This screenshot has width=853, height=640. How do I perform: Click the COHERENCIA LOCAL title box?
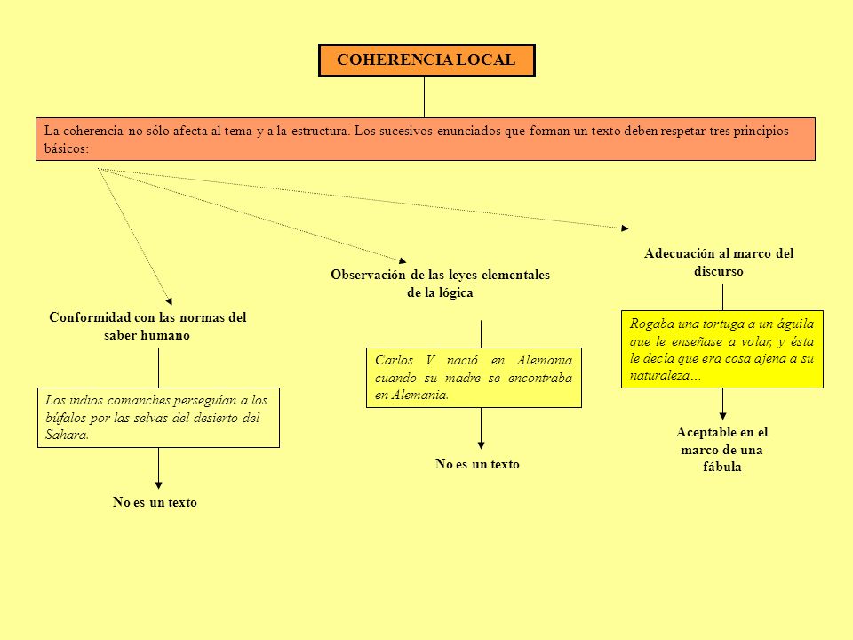426,60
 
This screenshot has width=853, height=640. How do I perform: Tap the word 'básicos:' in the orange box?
67,148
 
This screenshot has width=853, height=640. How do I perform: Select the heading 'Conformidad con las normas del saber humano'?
147,326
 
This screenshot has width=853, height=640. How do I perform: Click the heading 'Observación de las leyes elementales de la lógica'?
440,284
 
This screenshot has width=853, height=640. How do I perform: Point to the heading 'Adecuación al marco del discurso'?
719,262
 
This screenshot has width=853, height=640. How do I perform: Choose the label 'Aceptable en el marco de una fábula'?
721,450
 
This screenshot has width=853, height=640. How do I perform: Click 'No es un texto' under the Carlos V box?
477,464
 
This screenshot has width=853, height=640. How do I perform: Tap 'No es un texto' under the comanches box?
155,502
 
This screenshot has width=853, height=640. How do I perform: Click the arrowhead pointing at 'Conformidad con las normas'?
169,301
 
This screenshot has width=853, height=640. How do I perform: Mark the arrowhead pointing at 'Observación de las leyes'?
403,260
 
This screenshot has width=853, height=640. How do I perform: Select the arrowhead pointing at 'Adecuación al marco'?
625,228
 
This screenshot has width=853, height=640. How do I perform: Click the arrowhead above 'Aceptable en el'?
722,416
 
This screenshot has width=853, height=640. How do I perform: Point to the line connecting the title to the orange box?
425,98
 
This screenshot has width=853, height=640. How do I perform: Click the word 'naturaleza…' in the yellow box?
666,375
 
